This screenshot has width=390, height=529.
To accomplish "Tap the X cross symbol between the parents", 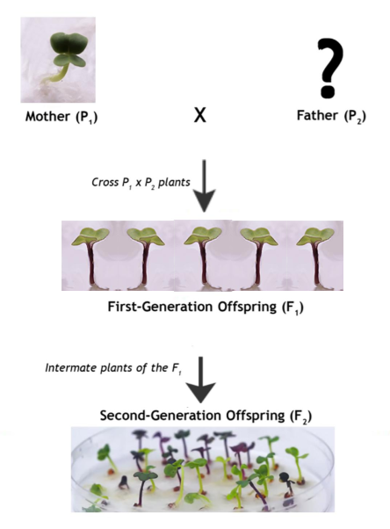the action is pyautogui.click(x=200, y=115).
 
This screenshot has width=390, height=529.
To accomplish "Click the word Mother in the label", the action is pyautogui.click(x=47, y=116).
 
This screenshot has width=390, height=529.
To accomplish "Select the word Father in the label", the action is pyautogui.click(x=317, y=115).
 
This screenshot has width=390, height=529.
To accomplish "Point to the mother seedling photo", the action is pyautogui.click(x=58, y=60).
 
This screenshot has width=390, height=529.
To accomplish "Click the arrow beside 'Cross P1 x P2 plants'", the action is pyautogui.click(x=204, y=186).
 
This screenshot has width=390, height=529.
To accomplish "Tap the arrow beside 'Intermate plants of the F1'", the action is pyautogui.click(x=201, y=380).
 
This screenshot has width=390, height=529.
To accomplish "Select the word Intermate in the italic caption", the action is pyautogui.click(x=71, y=367).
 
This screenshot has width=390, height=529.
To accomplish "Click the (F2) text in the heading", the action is pyautogui.click(x=300, y=416).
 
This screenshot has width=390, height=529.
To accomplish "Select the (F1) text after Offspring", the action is pyautogui.click(x=292, y=308).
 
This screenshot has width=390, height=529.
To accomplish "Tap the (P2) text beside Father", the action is pyautogui.click(x=355, y=116).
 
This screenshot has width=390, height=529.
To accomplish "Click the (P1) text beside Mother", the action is pyautogui.click(x=87, y=117).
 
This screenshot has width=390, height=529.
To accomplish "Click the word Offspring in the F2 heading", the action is pyautogui.click(x=256, y=416).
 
